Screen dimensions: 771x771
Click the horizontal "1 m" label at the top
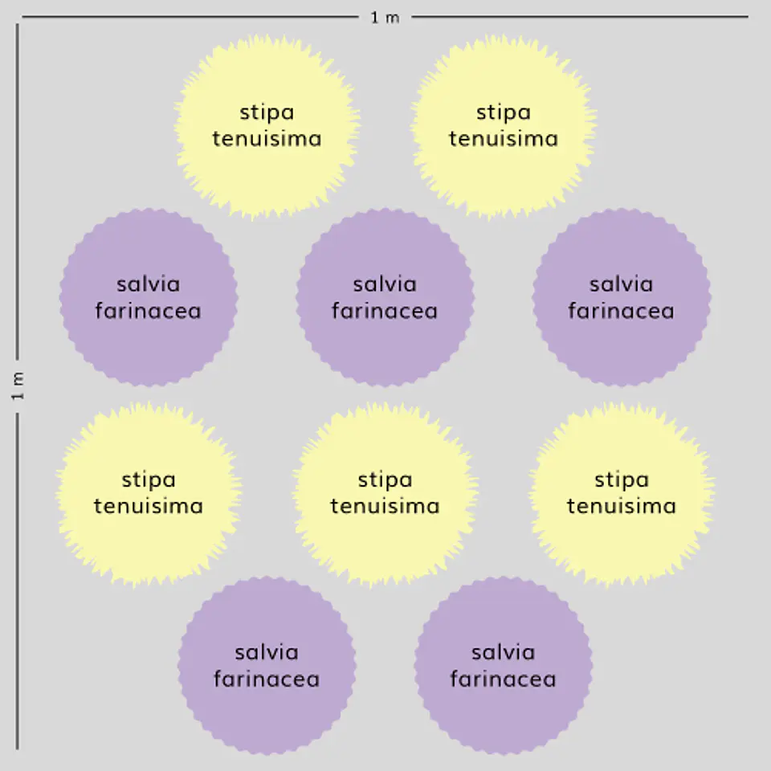coord(385,18)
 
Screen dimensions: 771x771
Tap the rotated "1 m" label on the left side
coord(18,385)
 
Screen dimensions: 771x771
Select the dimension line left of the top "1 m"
coord(190,17)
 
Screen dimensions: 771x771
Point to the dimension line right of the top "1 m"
coord(580,17)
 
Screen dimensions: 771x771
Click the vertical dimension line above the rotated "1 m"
coord(18,191)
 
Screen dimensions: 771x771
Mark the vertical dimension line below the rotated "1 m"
coord(18,581)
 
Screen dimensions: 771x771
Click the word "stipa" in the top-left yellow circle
coord(267,113)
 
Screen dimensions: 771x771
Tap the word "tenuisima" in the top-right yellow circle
coord(504,139)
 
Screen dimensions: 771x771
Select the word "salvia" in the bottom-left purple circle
coord(267,652)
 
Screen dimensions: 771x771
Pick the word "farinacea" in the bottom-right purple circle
coord(503,679)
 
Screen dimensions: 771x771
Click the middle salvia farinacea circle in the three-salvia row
coord(385,297)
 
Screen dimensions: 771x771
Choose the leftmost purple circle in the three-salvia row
coord(149,297)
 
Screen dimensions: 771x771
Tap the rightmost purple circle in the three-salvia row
coord(622,297)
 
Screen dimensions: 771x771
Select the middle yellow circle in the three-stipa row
coord(385,494)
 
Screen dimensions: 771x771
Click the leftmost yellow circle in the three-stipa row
coord(149,494)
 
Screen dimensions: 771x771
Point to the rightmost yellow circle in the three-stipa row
coord(622,494)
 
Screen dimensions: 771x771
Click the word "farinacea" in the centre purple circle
coord(385,311)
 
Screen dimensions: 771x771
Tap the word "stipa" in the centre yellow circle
coord(385,480)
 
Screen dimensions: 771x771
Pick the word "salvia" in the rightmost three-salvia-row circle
coord(622,284)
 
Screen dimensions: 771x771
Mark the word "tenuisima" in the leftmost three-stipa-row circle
coord(149,506)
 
